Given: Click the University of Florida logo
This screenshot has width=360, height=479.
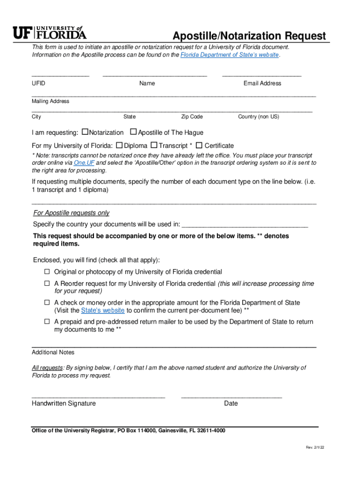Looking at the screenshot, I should coord(49,32).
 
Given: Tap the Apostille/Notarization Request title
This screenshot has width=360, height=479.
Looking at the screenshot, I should coord(249,36).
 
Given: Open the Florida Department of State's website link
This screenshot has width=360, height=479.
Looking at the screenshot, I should coord(230,55).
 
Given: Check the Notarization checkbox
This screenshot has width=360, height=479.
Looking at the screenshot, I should coord(85,132).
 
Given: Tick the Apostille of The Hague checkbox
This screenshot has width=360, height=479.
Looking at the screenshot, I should coord(133,132).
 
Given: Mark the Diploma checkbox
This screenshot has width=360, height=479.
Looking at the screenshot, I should coord(119,145).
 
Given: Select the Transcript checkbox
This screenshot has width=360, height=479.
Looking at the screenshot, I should coord(155,145).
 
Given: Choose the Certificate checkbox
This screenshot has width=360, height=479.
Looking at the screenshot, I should coord(199,145).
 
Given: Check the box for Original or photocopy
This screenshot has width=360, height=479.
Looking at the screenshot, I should coord(47,271).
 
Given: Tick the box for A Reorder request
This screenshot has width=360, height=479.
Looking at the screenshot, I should coord(47,283).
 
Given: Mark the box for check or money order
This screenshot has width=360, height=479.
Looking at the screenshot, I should coord(47,303).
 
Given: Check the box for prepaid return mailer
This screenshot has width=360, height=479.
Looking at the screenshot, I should coord(47,322).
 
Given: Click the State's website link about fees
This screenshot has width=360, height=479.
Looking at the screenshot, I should coord(103,310).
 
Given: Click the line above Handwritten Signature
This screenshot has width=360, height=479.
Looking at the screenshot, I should coord(98,397).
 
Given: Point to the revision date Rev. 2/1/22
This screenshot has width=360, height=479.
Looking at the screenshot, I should coord(315,448).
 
